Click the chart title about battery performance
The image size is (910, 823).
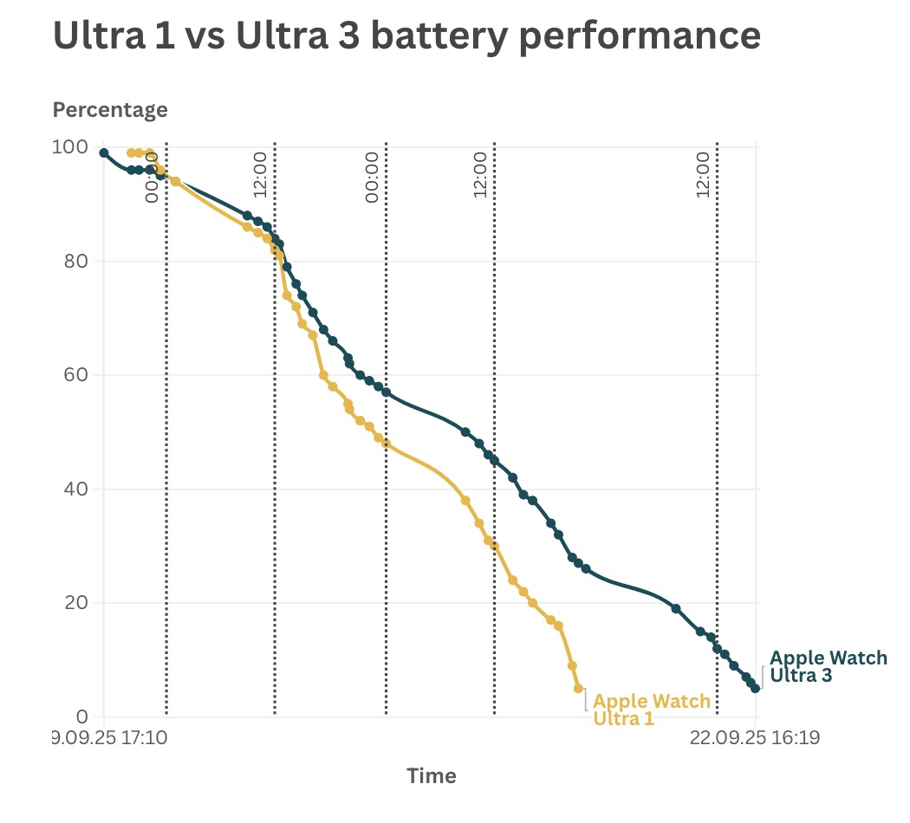[x=406, y=36]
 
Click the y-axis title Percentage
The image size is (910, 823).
[x=110, y=110]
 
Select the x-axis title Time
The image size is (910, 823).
[x=432, y=775]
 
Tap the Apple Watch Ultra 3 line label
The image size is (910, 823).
[x=828, y=666]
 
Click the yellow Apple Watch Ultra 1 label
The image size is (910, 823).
[x=652, y=710]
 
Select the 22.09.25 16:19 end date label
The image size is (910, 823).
[x=754, y=739]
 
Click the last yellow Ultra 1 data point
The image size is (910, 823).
[x=578, y=688]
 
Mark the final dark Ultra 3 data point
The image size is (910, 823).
[x=756, y=688]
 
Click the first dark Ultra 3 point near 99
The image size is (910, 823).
[x=104, y=153]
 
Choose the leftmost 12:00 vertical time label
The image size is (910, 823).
[x=259, y=174]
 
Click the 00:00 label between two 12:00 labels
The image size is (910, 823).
[x=373, y=177]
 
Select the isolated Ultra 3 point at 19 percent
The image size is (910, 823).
[x=676, y=608]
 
